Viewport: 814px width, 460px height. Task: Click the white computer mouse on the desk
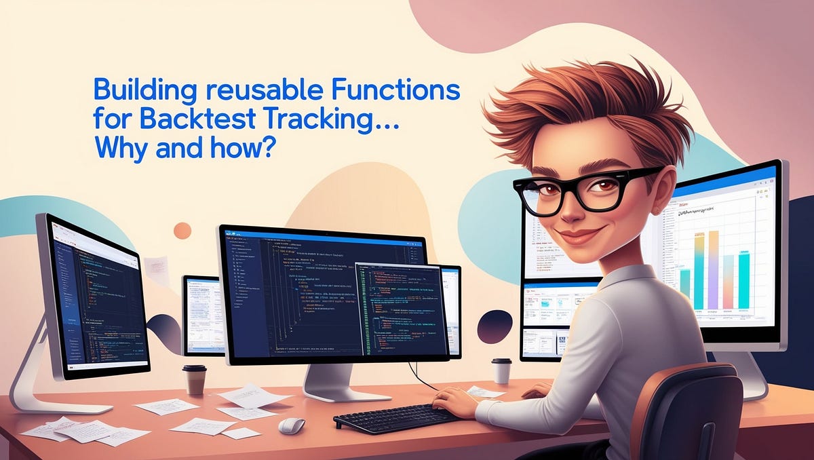point(292,425)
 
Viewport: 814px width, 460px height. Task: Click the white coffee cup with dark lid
point(501,370)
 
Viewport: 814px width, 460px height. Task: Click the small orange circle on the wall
point(182,231)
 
